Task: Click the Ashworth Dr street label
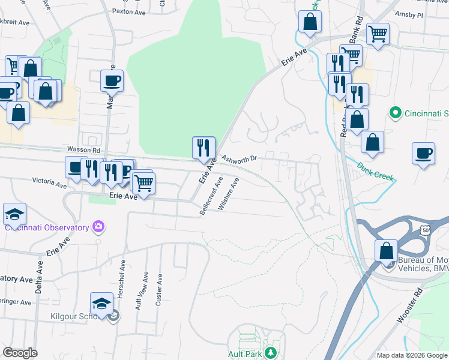[239, 159]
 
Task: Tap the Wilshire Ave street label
[229, 193]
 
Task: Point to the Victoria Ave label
[49, 182]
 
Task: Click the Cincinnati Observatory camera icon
[98, 227]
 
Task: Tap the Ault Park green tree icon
[271, 353]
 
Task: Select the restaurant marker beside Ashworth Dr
[203, 148]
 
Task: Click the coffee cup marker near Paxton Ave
[112, 80]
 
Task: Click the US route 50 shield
[425, 230]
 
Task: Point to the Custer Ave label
[159, 290]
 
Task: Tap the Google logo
[20, 353]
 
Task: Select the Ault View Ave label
[142, 289]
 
